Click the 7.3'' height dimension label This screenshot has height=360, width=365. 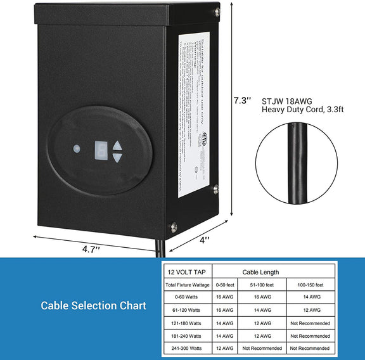242,100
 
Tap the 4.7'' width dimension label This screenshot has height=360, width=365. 91,249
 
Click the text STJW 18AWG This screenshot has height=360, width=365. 285,100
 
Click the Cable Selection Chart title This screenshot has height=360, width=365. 94,305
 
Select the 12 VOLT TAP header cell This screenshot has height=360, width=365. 186,272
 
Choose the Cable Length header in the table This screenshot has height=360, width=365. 260,272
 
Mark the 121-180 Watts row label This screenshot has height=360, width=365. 186,323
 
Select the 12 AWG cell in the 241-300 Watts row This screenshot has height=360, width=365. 224,349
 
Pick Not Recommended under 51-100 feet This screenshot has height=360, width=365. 262,349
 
